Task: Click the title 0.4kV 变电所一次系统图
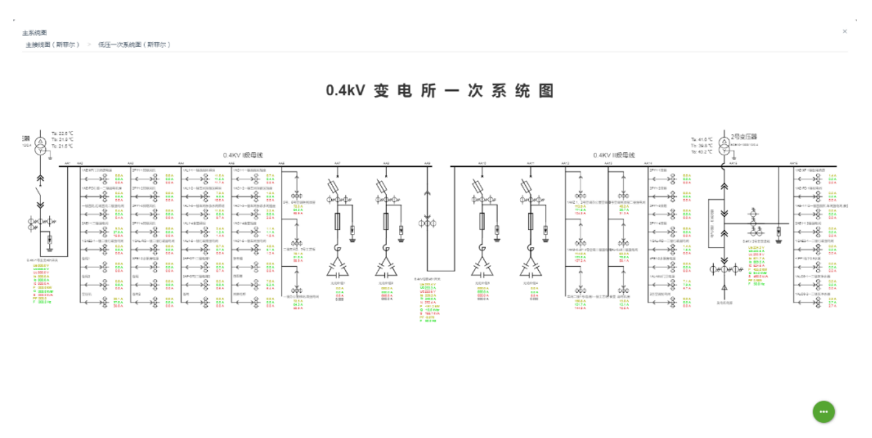click(439, 91)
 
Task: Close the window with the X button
click(845, 31)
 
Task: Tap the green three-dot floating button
click(823, 412)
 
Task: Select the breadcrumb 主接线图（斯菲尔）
click(53, 45)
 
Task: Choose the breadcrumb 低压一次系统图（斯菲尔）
click(134, 45)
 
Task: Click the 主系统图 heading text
click(34, 32)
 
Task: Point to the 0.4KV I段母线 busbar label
click(243, 156)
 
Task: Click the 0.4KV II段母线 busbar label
click(614, 155)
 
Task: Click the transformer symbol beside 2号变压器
click(724, 145)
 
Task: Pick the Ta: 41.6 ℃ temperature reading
click(702, 139)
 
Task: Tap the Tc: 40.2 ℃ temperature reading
click(702, 151)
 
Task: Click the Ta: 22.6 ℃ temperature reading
click(62, 133)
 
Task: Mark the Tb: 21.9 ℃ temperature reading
click(62, 139)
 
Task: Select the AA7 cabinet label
click(337, 163)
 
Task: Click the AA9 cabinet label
click(427, 163)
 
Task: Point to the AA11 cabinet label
click(530, 163)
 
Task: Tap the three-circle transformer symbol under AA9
click(427, 223)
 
